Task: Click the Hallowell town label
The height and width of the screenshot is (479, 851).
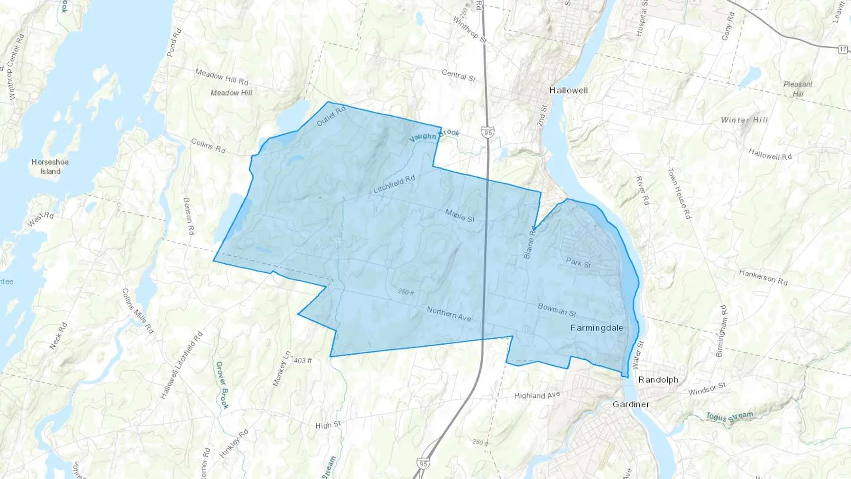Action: [x=568, y=90]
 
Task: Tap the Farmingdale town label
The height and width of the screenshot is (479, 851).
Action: [x=597, y=328]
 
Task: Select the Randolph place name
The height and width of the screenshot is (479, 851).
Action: [x=658, y=380]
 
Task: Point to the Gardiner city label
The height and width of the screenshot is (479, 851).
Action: [x=631, y=404]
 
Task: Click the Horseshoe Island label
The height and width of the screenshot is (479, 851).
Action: [x=50, y=166]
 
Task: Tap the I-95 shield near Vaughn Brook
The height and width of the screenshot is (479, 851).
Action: [x=488, y=132]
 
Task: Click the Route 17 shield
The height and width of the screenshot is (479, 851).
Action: [x=843, y=49]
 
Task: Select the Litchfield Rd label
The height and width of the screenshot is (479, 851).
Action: [x=394, y=184]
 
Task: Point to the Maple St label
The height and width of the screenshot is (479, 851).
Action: [x=460, y=216]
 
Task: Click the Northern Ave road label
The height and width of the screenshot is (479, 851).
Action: [x=449, y=314]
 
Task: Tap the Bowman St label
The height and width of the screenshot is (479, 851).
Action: [x=557, y=310]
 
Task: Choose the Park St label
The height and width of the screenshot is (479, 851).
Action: [x=578, y=262]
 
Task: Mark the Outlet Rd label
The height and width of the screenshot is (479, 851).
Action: [x=331, y=116]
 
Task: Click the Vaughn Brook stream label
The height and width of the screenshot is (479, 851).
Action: [x=434, y=135]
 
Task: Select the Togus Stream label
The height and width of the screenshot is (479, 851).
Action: [x=729, y=416]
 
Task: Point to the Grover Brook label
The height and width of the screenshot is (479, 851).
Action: [x=222, y=385]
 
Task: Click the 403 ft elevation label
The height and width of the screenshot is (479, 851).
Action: [x=303, y=361]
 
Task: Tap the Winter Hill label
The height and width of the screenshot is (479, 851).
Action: [x=744, y=120]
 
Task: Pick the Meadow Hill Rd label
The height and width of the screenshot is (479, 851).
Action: [x=222, y=77]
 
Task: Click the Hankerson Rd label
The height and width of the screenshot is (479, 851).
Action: [x=763, y=277]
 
